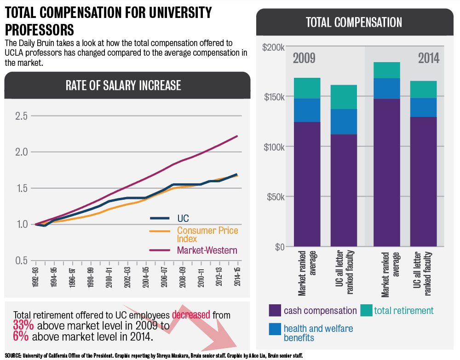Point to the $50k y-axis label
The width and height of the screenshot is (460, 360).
pos(275,197)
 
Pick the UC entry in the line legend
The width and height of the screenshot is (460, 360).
pos(183,218)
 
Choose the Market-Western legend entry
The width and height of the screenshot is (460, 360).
pos(207,250)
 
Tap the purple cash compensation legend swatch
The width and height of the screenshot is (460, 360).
pos(275,310)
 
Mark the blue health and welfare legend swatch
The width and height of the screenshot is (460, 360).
pos(275,329)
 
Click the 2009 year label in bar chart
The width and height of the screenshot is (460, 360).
pos(304,58)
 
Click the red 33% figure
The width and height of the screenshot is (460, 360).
pos(23,326)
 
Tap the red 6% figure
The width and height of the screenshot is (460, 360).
pos(21,337)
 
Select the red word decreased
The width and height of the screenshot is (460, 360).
pos(191,315)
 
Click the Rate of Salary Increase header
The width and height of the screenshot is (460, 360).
pos(123,85)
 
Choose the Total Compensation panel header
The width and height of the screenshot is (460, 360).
pos(354,22)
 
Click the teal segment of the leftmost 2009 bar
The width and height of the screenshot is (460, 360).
pos(307,88)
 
